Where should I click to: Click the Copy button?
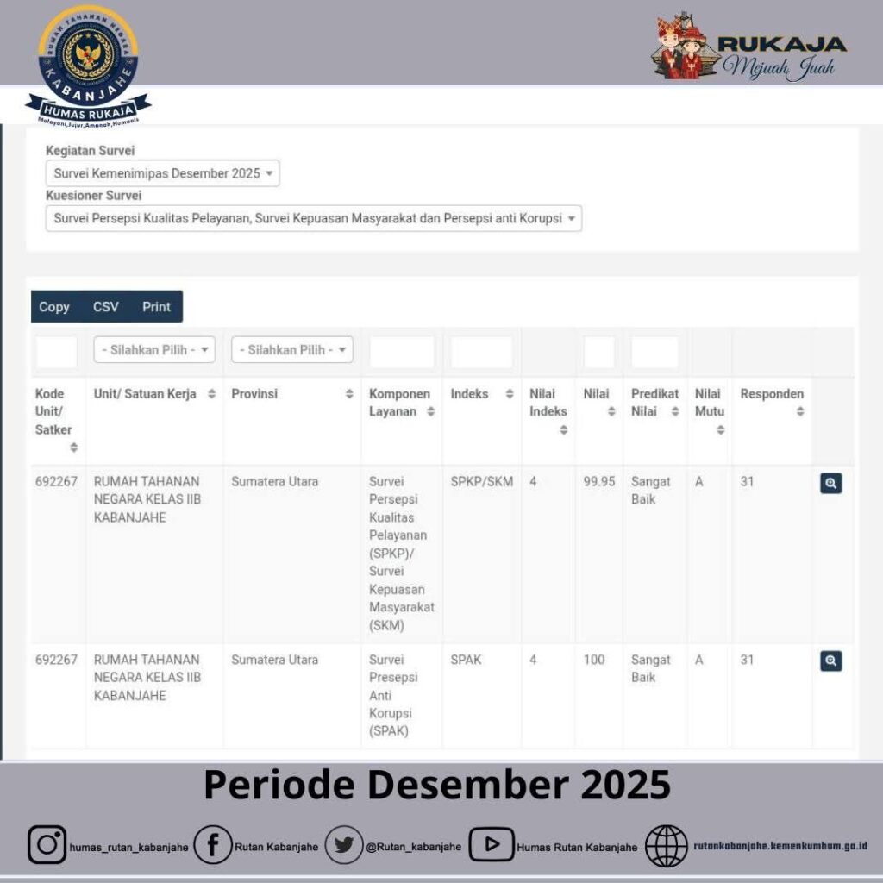point(54,307)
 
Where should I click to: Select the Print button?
point(156,307)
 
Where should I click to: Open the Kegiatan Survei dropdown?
point(162,173)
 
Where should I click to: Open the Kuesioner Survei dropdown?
point(313,219)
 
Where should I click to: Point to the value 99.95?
point(599,482)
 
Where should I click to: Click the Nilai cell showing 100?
point(594,660)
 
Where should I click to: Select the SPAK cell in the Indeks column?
point(467,660)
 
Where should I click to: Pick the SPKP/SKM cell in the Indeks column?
point(481,482)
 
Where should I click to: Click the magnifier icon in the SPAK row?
point(830,661)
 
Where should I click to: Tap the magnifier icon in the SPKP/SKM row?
point(830,484)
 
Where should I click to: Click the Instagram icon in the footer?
point(47,845)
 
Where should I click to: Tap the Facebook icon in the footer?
point(212,845)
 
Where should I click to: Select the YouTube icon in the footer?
point(492,845)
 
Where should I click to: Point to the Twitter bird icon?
point(343,845)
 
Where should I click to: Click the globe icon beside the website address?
point(667,845)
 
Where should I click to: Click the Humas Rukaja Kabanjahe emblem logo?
point(88,63)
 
